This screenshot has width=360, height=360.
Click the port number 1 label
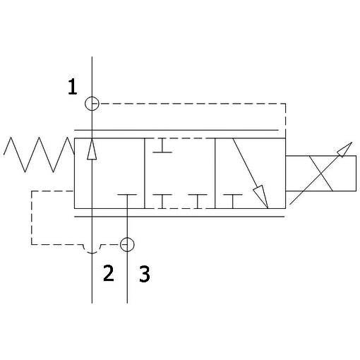pyautogui.click(x=72, y=87)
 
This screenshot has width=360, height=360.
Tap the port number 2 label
pyautogui.click(x=109, y=273)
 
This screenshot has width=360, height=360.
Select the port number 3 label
pyautogui.click(x=145, y=274)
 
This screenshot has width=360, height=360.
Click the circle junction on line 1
pyautogui.click(x=92, y=104)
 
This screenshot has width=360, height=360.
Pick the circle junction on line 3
pyautogui.click(x=127, y=245)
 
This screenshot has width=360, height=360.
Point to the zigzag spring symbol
pyautogui.click(x=39, y=155)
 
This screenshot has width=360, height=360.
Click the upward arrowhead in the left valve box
pyautogui.click(x=92, y=149)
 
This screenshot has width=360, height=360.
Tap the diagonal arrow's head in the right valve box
pyautogui.click(x=262, y=196)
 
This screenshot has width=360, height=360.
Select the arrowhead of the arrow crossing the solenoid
pyautogui.click(x=345, y=149)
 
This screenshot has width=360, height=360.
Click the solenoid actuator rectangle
pyautogui.click(x=320, y=173)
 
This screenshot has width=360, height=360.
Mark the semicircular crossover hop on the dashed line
pyautogui.click(x=92, y=249)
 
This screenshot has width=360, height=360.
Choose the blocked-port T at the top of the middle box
pyautogui.click(x=162, y=145)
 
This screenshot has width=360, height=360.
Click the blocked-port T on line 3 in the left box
pyautogui.click(x=127, y=195)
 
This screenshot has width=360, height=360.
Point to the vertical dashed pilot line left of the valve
pyautogui.click(x=32, y=217)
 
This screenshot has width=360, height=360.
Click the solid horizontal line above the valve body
pyautogui.click(x=176, y=130)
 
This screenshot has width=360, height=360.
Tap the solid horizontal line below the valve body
pyautogui.click(x=180, y=217)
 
